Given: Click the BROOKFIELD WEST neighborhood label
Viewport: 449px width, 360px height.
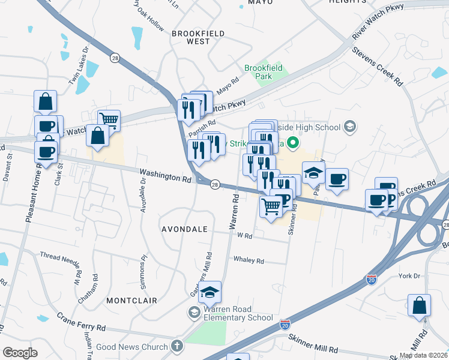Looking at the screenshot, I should tap(190, 37).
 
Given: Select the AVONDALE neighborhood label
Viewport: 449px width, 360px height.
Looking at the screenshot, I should tap(184, 229).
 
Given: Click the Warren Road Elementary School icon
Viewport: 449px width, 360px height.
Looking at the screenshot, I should tap(194, 312).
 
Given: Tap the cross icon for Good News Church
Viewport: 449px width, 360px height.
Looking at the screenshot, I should tap(176, 346).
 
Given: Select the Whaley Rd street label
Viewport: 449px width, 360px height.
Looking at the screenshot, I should tap(249, 260).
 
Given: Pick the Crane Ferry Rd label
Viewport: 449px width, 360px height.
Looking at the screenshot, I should tap(81, 322).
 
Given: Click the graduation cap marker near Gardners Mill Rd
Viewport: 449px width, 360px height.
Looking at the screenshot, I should tap(209, 292).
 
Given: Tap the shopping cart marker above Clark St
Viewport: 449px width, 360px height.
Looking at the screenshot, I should tap(109, 120).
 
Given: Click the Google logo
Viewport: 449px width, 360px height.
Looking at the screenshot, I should tap(20, 353).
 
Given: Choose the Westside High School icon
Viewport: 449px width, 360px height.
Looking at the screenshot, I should tap(351, 127).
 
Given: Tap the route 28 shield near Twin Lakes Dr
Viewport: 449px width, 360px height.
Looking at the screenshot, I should tap(114, 57).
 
